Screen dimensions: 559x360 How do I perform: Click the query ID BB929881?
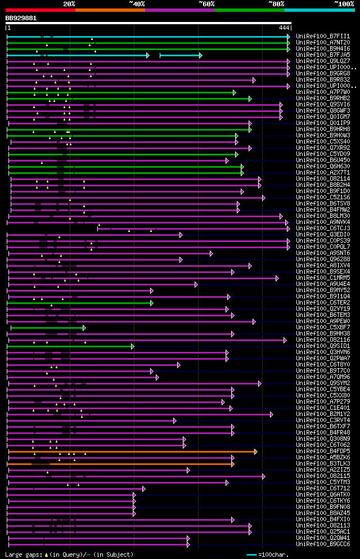pos(21,18)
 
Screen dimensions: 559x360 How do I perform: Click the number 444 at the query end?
pos(284,28)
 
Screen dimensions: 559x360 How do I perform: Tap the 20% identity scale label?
pos(69,3)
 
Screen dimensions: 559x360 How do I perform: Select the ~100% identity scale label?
pos(344,3)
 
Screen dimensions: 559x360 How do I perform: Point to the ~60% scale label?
pos(206,3)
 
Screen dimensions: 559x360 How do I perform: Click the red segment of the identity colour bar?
pos(40,10)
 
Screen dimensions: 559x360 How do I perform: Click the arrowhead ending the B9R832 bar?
pos(254,80)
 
